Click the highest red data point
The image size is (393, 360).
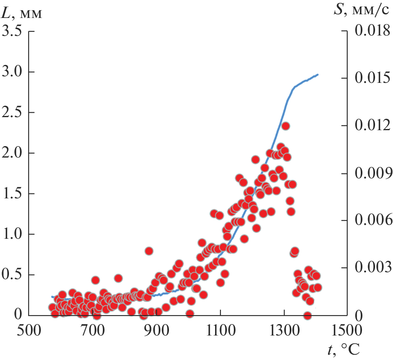pyautogui.click(x=286, y=126)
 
